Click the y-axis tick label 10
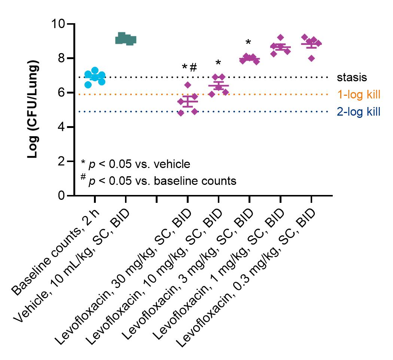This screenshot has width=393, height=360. pos(58,24)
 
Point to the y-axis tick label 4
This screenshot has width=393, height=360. pos(61,127)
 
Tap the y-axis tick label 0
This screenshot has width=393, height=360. pos(61,195)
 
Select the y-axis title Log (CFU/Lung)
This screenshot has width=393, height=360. pos(33,109)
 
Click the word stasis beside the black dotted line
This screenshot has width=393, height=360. pos(352,77)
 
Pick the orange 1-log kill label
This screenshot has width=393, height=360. pos(359,94)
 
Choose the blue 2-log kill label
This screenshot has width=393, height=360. pos(359,112)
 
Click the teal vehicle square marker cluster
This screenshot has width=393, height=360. pos(125,39)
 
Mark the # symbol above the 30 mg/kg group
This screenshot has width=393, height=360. pos(193,67)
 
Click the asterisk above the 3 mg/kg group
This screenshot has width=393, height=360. pos(248,42)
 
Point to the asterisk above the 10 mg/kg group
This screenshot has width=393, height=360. pos(218,62)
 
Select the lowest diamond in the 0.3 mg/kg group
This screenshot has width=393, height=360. pos(311,58)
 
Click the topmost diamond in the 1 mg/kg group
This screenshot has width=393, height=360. pos(280,37)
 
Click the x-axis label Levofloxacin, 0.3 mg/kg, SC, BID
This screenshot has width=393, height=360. pos(246,278)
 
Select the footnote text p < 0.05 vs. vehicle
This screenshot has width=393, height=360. pos(139,164)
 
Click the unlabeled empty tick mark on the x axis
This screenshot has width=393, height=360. pos(157,199)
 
